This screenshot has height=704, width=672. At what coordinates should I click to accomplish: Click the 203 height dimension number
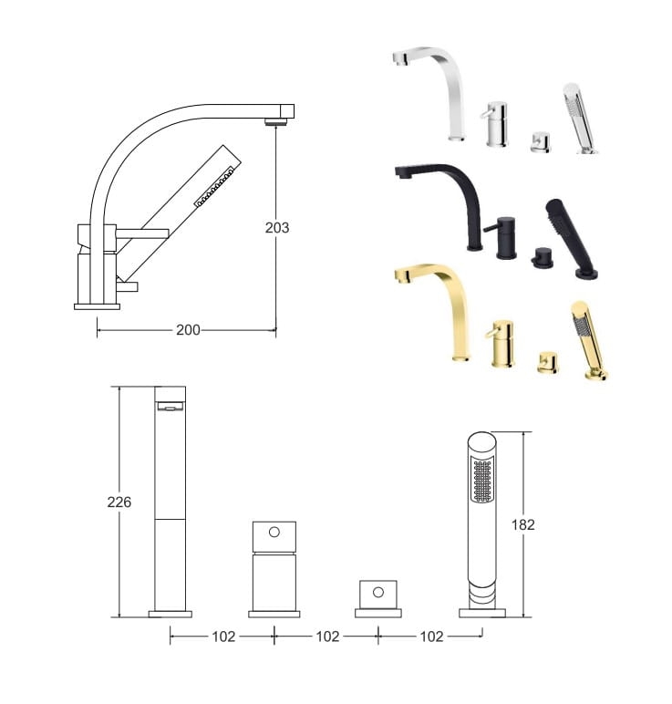(277, 228)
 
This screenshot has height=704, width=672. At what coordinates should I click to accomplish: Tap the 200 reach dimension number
(188, 330)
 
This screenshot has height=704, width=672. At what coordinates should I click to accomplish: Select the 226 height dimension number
(119, 502)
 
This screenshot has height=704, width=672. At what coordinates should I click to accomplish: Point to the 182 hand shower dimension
(523, 524)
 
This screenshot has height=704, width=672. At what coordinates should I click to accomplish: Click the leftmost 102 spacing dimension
(223, 637)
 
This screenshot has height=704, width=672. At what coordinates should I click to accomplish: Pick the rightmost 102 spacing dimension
(431, 637)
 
